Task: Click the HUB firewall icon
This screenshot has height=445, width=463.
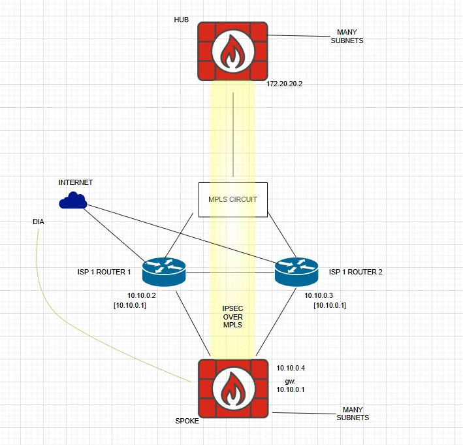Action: tap(232, 51)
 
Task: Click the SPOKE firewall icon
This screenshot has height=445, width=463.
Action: tap(233, 388)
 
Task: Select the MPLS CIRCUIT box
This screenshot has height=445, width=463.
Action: tap(233, 200)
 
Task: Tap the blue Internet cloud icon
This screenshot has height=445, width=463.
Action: tap(73, 201)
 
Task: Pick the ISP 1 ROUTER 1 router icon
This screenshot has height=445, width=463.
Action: tap(164, 272)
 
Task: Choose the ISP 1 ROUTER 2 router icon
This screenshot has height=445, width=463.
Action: tap(296, 272)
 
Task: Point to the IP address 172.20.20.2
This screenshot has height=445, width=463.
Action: tap(284, 84)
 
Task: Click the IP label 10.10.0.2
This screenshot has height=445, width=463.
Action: tap(142, 295)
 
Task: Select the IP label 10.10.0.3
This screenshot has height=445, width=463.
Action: tap(319, 295)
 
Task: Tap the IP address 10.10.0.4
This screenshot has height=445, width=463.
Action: tap(291, 368)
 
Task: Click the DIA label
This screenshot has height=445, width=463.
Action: tap(39, 222)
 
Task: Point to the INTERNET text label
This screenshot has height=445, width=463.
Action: tap(76, 182)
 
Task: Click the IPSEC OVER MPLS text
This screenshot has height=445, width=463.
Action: tap(232, 317)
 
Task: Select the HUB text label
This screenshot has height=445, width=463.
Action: tap(182, 20)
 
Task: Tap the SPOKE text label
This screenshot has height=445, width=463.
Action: tap(187, 421)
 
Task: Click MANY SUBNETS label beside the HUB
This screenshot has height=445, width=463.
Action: tap(347, 37)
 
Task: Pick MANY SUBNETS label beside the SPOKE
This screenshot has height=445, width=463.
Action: tap(353, 414)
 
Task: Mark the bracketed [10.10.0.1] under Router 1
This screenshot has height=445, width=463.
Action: tap(130, 305)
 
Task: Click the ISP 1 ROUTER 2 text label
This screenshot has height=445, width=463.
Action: tap(356, 272)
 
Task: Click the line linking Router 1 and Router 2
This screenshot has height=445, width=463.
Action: tap(231, 272)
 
